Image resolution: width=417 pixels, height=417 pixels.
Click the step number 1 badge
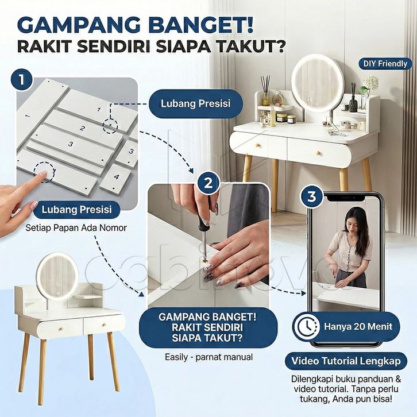[22, 80]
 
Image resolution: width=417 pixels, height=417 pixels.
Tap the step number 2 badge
[208, 183]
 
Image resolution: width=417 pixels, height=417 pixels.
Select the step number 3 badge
[312, 196]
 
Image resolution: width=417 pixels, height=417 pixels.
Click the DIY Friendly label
[385, 64]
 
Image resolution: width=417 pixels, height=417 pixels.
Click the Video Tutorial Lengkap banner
[346, 361]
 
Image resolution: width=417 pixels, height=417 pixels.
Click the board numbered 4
[116, 177]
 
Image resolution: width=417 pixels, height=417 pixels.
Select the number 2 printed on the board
[83, 128]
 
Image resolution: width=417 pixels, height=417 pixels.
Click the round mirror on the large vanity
[318, 83]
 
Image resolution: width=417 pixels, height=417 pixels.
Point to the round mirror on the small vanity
[57, 277]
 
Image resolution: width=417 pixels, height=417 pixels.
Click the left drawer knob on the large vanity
[257, 145]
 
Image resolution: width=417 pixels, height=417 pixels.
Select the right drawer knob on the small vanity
[105, 325]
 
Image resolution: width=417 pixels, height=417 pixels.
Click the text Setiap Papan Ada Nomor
[76, 228]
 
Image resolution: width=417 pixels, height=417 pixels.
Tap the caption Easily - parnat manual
[208, 357]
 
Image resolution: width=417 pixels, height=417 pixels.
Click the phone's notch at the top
[345, 198]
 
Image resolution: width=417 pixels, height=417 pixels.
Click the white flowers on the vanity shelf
[371, 82]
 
